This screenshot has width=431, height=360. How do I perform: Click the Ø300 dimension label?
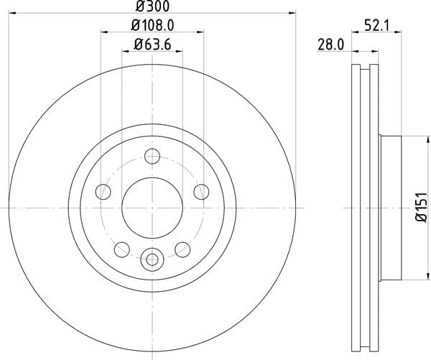[152, 6]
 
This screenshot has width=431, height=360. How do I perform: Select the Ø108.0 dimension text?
[152, 26]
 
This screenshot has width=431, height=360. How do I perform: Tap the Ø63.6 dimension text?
[152, 45]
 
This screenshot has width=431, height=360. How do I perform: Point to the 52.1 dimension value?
[377, 27]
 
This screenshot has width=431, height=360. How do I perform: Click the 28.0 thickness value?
[330, 45]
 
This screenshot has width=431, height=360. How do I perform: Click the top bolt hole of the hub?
[152, 156]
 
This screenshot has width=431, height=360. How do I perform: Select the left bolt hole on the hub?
[103, 191]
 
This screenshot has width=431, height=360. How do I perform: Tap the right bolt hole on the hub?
[201, 192]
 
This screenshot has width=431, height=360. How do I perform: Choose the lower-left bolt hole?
[122, 250]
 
